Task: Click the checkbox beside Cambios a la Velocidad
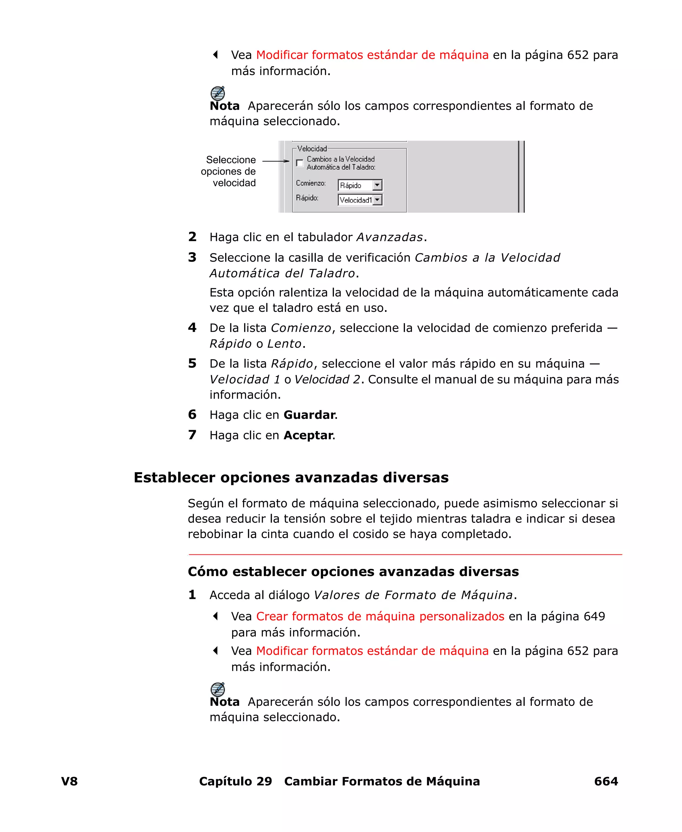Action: click(300, 163)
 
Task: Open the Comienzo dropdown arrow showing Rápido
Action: click(377, 185)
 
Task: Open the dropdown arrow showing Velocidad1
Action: click(377, 200)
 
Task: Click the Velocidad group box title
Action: click(312, 149)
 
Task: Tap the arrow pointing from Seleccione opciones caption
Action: click(275, 161)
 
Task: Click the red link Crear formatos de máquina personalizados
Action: click(380, 616)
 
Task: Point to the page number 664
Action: click(605, 781)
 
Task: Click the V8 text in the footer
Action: click(70, 781)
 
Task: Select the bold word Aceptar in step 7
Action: click(308, 435)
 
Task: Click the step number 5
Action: click(192, 363)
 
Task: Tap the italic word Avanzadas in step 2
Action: click(389, 237)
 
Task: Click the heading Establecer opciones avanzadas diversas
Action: click(291, 477)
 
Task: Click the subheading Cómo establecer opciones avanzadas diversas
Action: click(353, 571)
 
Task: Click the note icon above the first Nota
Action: click(218, 94)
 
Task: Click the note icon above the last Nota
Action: click(218, 689)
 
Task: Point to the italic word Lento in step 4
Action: click(284, 344)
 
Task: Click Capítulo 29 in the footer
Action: click(235, 781)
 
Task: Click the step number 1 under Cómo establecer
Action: click(192, 595)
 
